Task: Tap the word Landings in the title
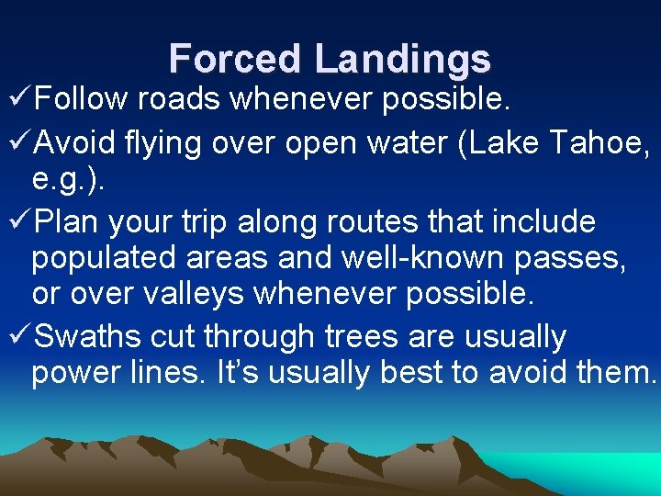click(403, 59)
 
